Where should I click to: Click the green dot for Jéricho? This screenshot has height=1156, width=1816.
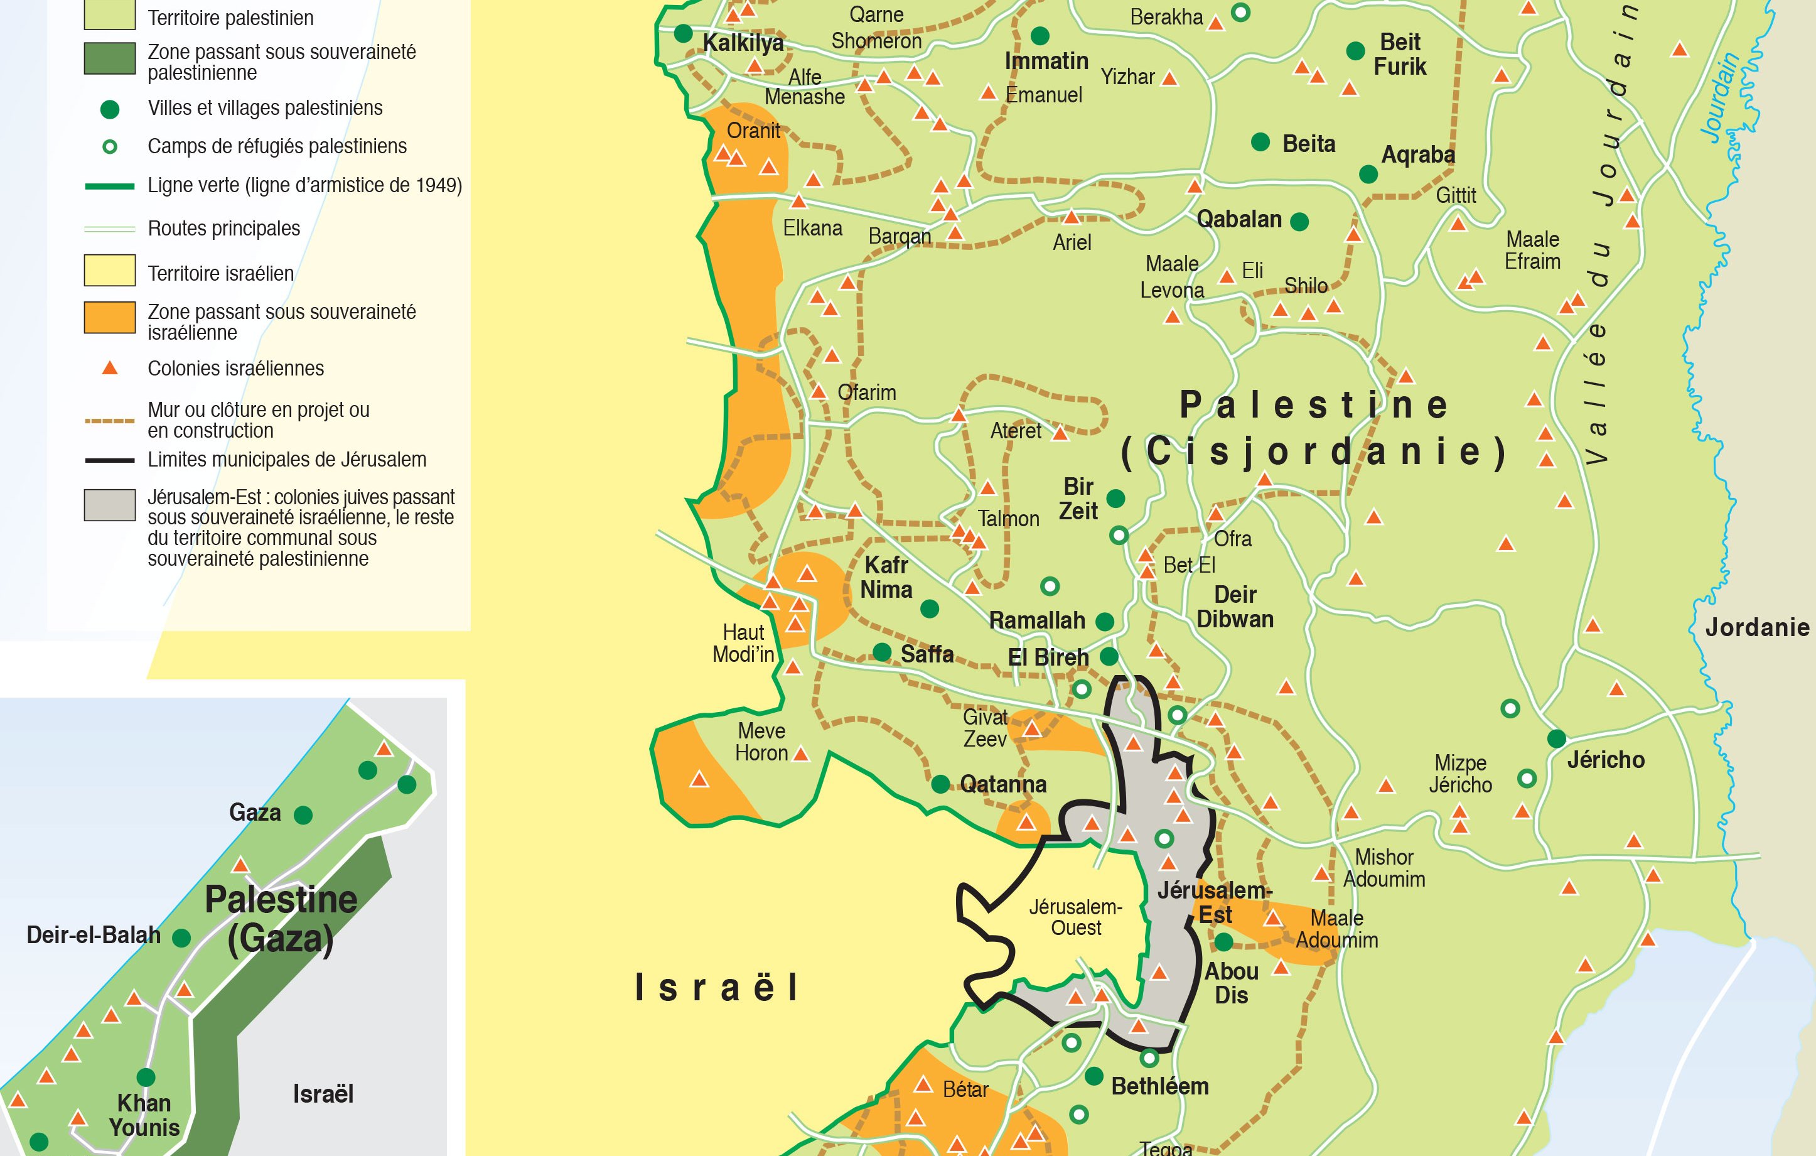(x=1557, y=738)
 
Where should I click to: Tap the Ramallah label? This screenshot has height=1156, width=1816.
(x=1037, y=621)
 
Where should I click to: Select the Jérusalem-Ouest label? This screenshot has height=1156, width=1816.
(x=1076, y=917)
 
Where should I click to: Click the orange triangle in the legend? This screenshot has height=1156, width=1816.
(x=110, y=368)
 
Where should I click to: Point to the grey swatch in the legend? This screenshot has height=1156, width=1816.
(x=109, y=505)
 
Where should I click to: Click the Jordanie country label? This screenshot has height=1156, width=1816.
(x=1757, y=628)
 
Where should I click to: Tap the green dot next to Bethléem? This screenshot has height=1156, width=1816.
(x=1094, y=1077)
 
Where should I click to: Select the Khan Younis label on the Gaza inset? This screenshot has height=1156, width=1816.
(x=144, y=1115)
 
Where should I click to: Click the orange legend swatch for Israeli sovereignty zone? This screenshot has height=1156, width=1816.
(x=109, y=317)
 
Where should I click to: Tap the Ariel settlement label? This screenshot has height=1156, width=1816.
(x=1072, y=242)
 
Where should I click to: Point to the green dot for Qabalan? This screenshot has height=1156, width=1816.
(x=1299, y=221)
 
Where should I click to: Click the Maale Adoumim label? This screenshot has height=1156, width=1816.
(x=1337, y=929)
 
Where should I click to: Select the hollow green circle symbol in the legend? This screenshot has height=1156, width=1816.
(x=110, y=146)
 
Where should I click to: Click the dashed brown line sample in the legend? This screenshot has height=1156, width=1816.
(x=110, y=420)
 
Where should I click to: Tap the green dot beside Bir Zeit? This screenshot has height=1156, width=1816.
(x=1116, y=498)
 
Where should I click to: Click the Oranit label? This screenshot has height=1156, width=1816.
(x=753, y=131)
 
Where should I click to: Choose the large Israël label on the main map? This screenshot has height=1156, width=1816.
(x=716, y=988)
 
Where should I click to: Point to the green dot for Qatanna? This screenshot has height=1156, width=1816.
(x=940, y=784)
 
